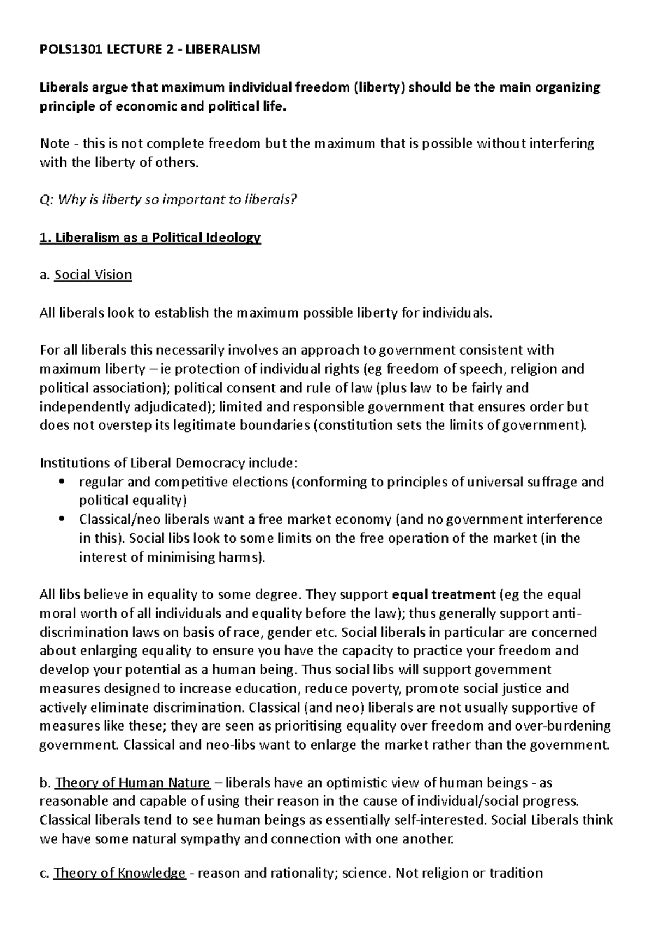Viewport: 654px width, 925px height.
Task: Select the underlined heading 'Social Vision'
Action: click(x=93, y=275)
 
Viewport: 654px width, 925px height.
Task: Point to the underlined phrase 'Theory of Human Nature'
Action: click(x=132, y=783)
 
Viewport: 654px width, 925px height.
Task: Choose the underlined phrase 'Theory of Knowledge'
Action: click(x=120, y=873)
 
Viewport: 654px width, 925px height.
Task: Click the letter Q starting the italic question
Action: click(x=44, y=200)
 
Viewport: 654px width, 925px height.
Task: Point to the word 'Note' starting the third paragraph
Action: click(x=55, y=143)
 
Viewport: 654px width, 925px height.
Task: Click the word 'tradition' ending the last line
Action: click(x=516, y=873)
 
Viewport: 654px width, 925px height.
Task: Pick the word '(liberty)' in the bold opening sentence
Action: click(x=378, y=88)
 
